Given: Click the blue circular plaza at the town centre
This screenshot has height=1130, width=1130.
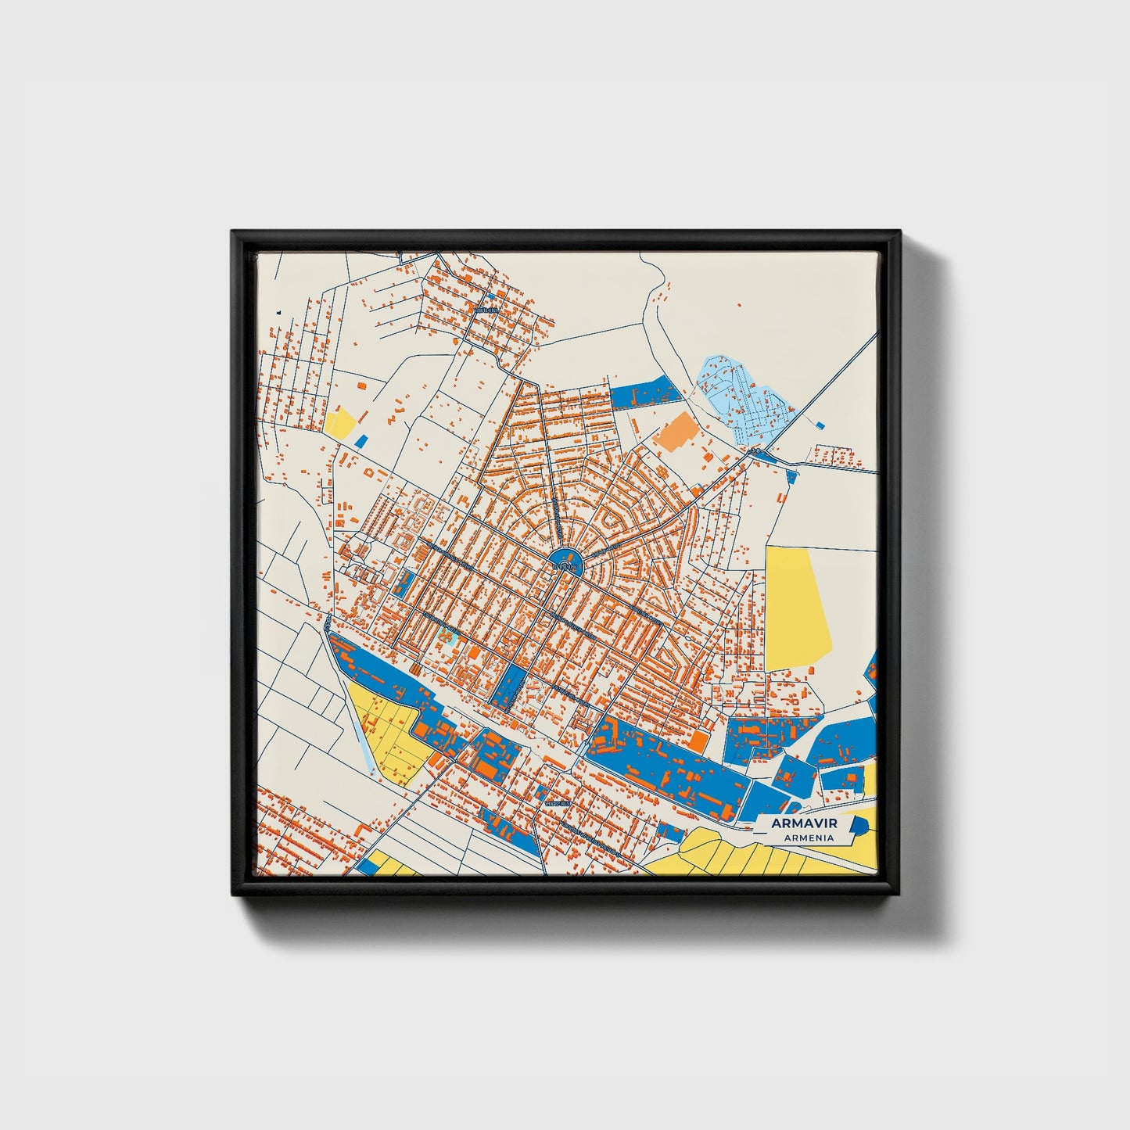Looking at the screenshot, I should click(x=565, y=561).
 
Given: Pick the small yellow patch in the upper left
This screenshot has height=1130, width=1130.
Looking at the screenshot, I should click(x=341, y=422).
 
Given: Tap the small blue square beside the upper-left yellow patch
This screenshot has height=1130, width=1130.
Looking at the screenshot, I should click(x=361, y=441).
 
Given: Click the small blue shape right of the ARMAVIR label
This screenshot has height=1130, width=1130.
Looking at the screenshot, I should click(x=859, y=825).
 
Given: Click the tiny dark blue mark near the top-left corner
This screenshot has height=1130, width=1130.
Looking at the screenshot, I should click(x=278, y=313).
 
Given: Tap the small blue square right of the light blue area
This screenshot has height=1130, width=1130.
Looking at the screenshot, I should click(x=819, y=425).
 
